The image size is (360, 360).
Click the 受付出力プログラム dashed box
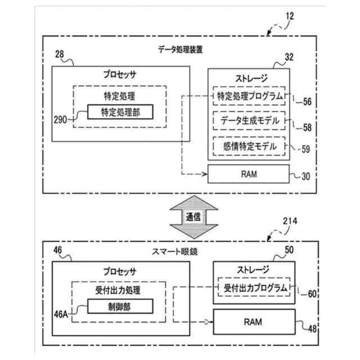[253, 287]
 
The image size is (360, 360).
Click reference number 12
[289, 16]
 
